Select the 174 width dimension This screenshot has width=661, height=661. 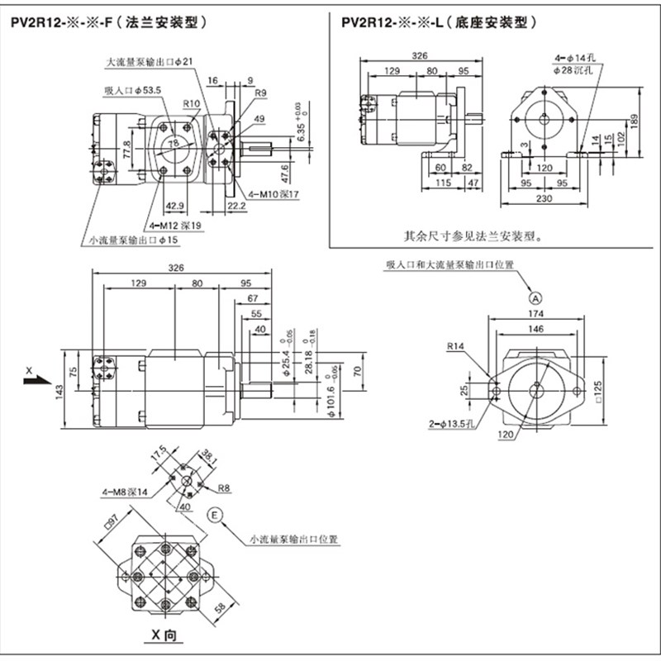pyautogui.click(x=536, y=315)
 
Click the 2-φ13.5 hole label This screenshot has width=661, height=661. pyautogui.click(x=451, y=425)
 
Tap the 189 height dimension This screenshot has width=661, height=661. pyautogui.click(x=635, y=121)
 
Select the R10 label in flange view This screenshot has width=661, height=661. pyautogui.click(x=192, y=102)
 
